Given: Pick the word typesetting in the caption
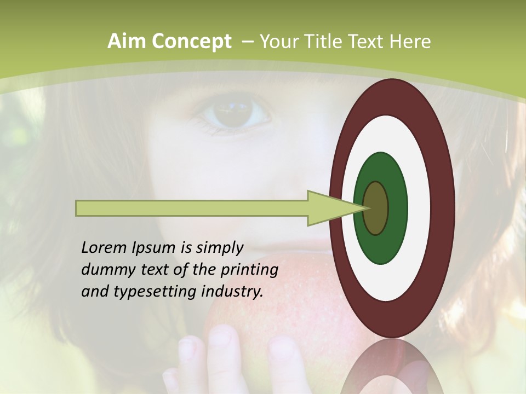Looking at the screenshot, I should pos(163,292).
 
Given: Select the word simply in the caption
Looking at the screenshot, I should pos(219,248).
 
